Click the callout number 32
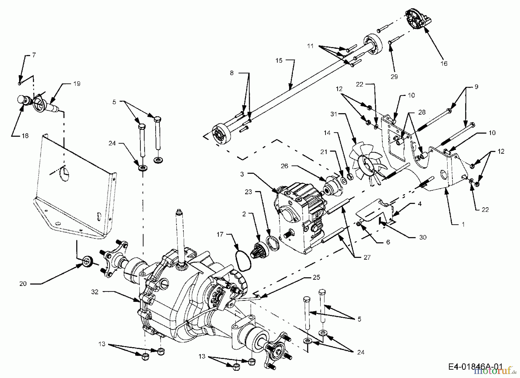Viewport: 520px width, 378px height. point(95,292)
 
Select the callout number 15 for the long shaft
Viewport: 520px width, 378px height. point(279,61)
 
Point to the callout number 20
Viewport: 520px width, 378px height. point(23,284)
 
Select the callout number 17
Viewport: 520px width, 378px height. point(220,234)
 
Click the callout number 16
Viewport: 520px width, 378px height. point(444,63)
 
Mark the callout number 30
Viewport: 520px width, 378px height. point(423,237)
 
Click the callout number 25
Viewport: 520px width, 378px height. point(316,277)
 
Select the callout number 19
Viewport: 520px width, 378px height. point(77,84)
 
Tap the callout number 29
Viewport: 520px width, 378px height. point(394,76)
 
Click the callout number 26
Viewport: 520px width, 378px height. point(285,166)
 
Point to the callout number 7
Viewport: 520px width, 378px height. point(34,55)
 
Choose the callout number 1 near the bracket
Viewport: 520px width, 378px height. point(463,224)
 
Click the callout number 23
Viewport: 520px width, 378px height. point(248,192)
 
